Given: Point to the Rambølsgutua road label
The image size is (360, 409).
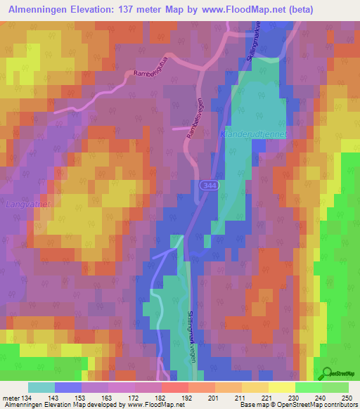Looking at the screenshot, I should click(154, 78).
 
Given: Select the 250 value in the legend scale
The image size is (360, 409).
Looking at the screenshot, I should click(345, 397).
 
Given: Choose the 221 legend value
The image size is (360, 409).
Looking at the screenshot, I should click(265, 397).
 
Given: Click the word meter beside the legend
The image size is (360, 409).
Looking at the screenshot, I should click(10, 397).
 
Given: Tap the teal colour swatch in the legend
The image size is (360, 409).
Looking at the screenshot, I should click(41, 387).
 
